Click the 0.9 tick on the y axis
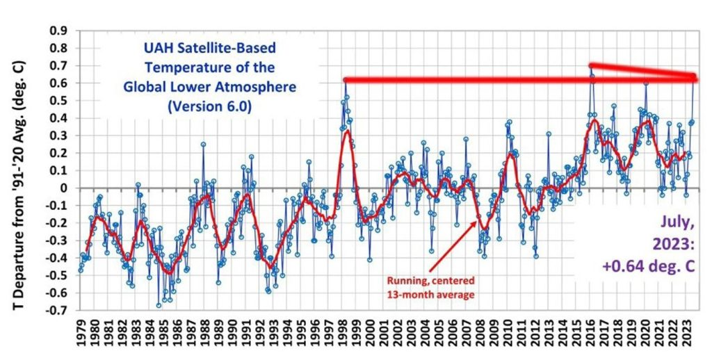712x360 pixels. (x=58, y=31)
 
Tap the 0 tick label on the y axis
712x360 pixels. (x=64, y=188)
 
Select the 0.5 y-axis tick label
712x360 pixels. (x=58, y=101)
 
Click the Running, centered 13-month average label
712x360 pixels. (x=430, y=288)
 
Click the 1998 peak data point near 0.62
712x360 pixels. (x=345, y=81)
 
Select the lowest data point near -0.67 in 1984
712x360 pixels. (x=159, y=305)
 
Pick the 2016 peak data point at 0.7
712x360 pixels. (x=591, y=66)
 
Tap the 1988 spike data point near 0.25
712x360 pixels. (x=203, y=145)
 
